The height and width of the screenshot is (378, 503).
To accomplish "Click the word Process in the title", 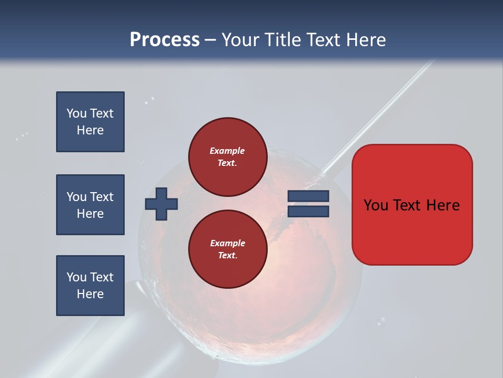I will coord(165,40).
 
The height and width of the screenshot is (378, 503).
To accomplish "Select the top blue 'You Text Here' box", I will coord(90,122).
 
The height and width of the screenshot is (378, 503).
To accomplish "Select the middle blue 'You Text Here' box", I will coord(90,205).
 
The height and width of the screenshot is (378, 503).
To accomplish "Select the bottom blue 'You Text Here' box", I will coord(90,286).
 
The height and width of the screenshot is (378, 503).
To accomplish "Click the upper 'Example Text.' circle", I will coord(227,156).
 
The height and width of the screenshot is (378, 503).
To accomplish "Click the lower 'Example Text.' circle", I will coord(227,249).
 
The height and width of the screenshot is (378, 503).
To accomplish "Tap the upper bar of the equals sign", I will coord(308,196).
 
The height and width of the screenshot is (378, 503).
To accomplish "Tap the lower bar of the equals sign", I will coord(308,211).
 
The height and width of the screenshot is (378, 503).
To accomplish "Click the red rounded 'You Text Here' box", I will coord(412,205).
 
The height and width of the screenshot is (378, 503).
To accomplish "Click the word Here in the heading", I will coord(366,40).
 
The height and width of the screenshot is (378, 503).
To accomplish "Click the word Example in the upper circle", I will coord(227,151).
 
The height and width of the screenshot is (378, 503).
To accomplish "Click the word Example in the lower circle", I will coord(227,243).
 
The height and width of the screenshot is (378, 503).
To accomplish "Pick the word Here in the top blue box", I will coord(90,130).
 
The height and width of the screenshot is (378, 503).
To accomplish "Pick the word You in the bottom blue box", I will coord(76,277).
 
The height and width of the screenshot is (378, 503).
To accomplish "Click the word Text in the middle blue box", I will coord(102,197).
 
